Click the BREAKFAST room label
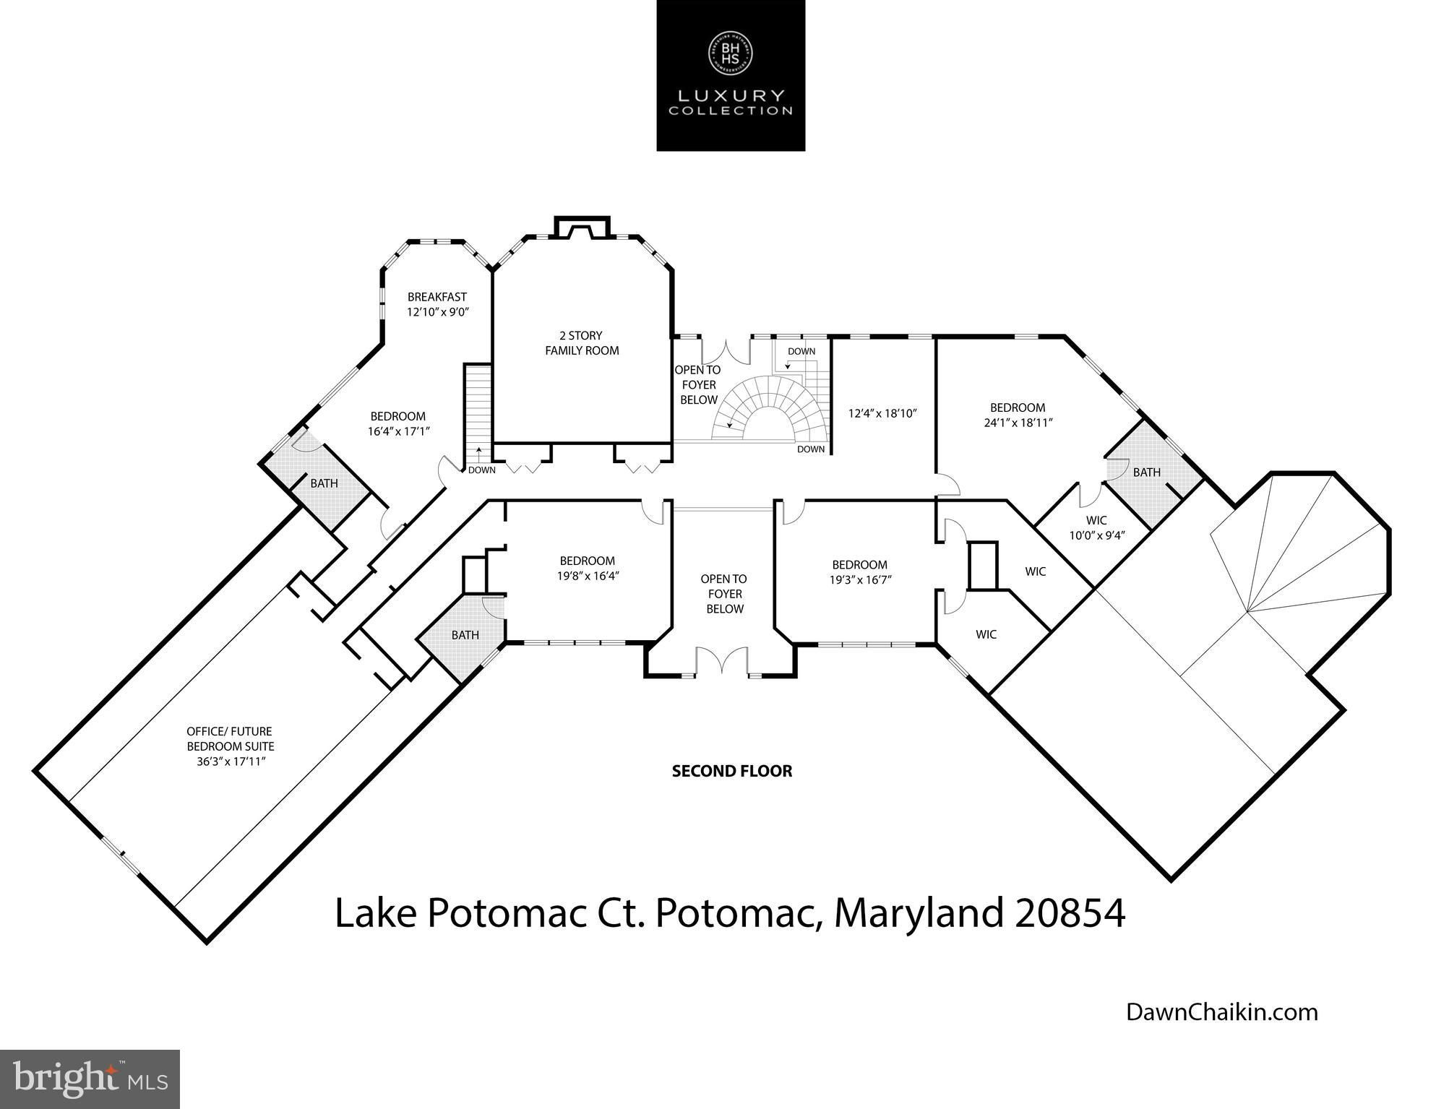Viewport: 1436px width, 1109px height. [x=437, y=297]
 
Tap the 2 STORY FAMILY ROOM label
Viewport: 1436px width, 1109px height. [x=582, y=343]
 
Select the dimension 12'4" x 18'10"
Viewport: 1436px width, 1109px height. [x=882, y=414]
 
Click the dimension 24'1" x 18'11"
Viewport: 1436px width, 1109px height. [x=1018, y=423]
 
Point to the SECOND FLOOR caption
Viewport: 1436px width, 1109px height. [x=732, y=771]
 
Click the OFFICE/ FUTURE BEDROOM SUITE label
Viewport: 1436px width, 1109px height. [x=230, y=739]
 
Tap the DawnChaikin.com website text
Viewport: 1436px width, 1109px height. [x=1222, y=1011]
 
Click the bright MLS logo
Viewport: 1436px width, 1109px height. [x=90, y=1078]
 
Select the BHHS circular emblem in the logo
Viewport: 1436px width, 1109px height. [x=730, y=51]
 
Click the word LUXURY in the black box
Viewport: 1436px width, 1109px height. [x=730, y=95]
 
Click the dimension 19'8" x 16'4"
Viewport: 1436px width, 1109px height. [x=587, y=576]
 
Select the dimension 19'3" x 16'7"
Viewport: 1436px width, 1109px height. [x=859, y=579]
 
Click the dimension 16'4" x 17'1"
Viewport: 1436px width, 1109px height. [x=398, y=431]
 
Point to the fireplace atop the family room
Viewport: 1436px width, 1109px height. [x=582, y=227]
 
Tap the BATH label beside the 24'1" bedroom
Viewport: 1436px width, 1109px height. [x=1146, y=472]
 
